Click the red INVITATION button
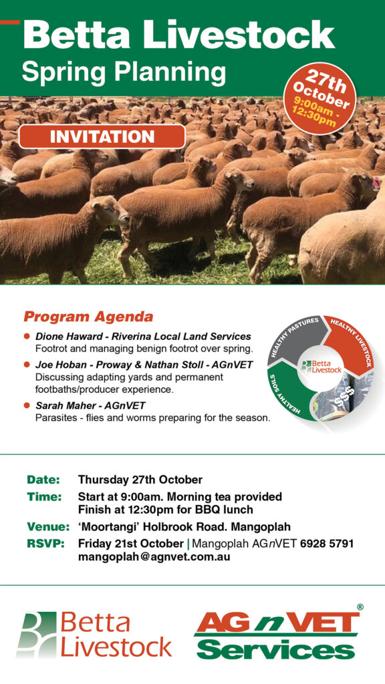(102, 136)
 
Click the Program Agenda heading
(88, 317)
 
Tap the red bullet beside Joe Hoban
(27, 364)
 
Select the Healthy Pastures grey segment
(295, 337)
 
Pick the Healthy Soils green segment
(290, 395)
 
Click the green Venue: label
(48, 526)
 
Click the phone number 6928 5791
(327, 544)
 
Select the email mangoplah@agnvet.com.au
(154, 557)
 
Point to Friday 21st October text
(131, 544)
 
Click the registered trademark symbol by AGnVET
(360, 607)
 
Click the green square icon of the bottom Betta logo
(37, 634)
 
